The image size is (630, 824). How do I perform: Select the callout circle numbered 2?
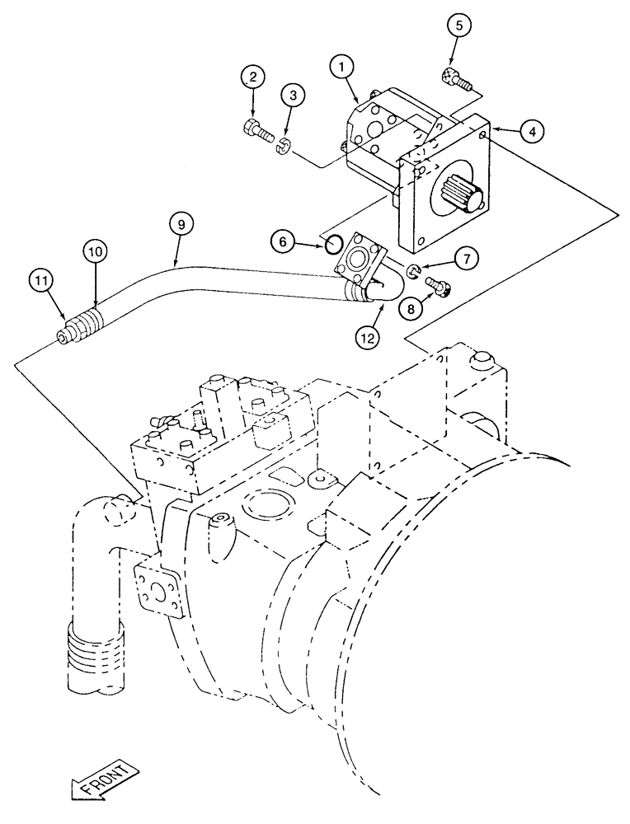click(253, 78)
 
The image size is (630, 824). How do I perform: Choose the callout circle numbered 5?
click(461, 26)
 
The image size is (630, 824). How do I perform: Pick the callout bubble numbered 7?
click(466, 259)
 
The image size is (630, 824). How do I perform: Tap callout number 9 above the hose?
click(181, 222)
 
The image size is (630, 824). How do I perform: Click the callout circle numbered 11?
click(38, 280)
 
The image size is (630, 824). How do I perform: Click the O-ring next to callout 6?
click(334, 243)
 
